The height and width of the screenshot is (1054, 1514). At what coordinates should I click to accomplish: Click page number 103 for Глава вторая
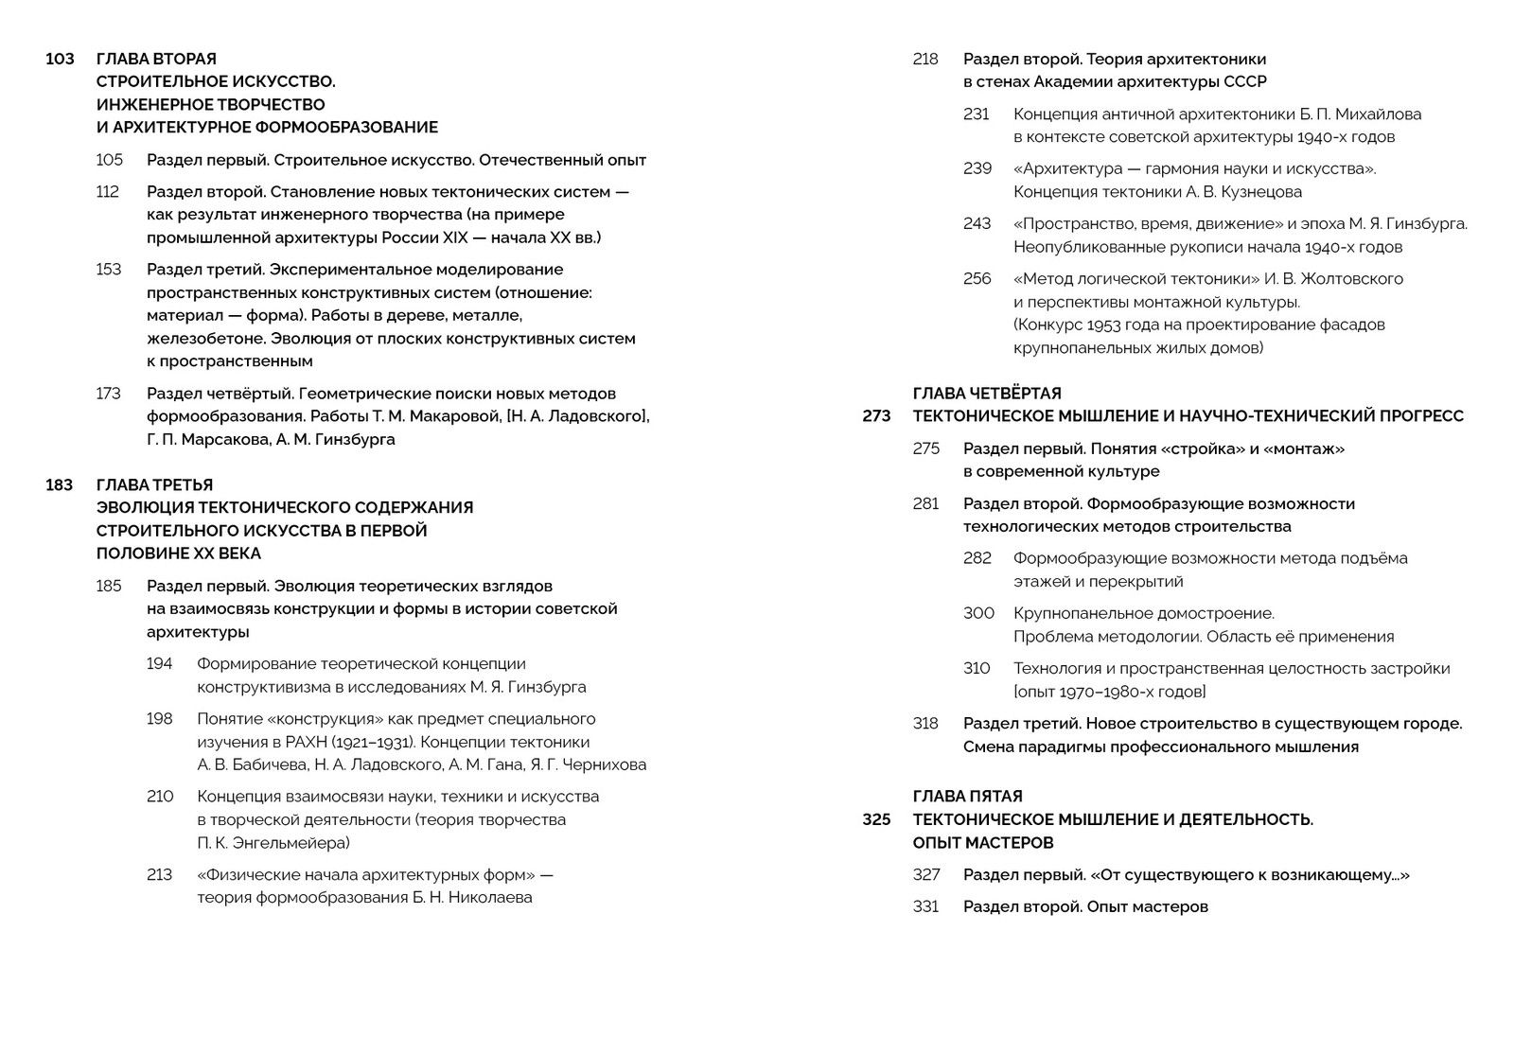point(60,59)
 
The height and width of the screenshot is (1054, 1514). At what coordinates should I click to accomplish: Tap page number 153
point(109,270)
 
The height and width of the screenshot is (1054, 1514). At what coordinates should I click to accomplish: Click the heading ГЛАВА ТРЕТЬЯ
point(154,485)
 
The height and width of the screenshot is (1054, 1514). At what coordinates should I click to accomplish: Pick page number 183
point(60,485)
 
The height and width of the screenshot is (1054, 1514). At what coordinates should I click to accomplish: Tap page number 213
point(159,875)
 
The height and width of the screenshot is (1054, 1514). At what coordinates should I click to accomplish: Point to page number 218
point(925,60)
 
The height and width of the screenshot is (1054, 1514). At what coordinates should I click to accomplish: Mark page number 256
point(977,279)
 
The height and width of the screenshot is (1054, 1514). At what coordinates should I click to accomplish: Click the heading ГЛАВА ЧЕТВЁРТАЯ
point(987,394)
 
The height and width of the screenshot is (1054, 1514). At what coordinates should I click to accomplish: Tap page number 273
point(876,416)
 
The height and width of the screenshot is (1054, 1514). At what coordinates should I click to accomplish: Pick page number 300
point(978,614)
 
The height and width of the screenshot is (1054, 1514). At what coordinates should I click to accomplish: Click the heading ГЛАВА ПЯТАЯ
point(967,797)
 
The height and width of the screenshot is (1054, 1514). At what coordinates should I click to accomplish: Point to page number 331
point(925,907)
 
